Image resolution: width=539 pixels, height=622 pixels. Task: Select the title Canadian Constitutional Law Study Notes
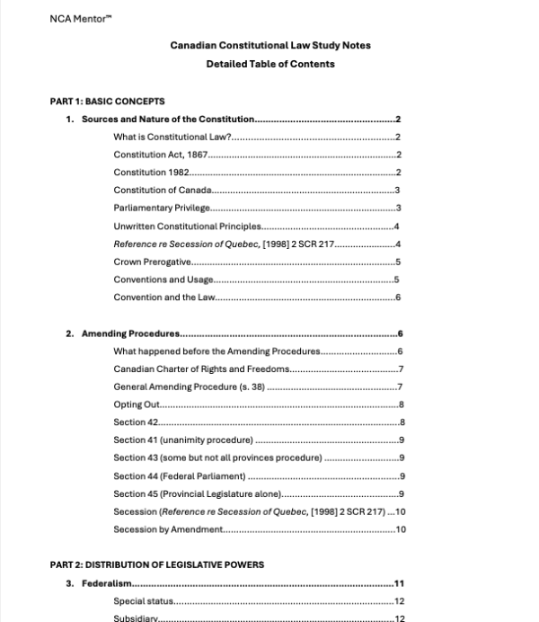coord(269,46)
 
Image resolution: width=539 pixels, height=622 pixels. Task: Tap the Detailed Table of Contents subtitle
coord(269,64)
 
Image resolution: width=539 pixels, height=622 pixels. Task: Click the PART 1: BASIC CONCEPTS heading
coord(107,101)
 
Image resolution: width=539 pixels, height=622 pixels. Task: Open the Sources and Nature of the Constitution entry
coord(168,119)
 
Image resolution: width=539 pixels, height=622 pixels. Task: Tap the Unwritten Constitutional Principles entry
coord(187,226)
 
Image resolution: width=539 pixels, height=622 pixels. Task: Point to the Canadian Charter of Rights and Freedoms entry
coord(200,369)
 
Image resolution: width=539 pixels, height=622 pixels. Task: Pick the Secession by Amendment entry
coord(167,529)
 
